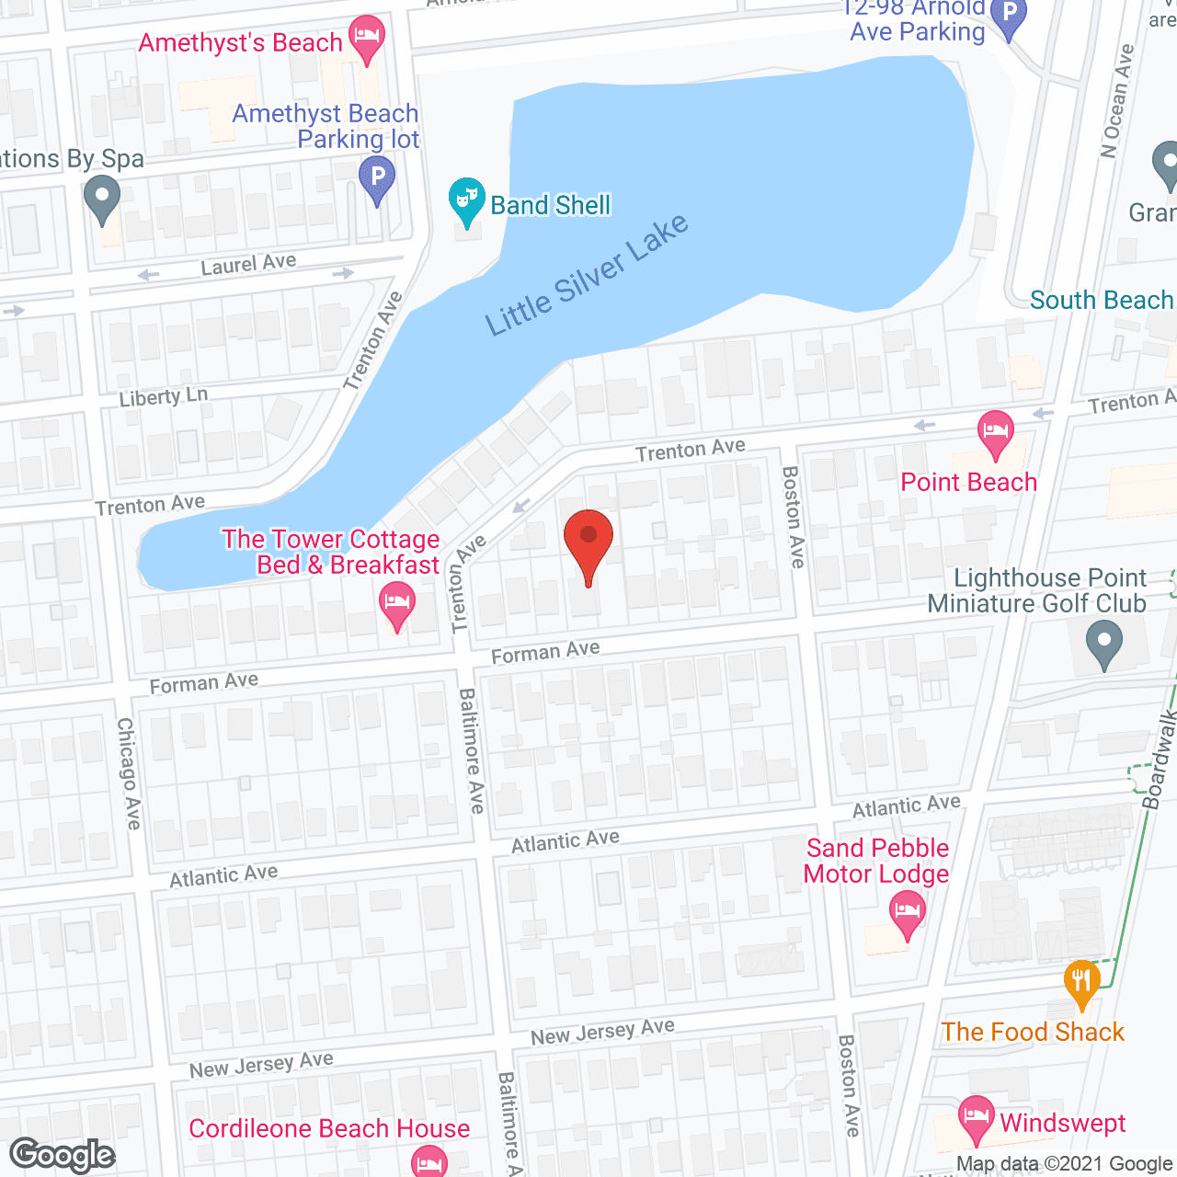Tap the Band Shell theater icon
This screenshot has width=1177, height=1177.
467,200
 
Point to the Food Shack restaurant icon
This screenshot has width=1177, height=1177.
1082,981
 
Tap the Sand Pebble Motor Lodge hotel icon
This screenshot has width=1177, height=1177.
908,913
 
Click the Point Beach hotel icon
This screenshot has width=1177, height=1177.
995,432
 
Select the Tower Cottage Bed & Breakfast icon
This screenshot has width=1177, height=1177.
397,606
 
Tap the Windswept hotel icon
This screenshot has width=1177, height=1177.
976,1117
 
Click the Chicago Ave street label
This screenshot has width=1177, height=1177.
129,773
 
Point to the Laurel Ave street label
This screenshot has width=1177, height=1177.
248,264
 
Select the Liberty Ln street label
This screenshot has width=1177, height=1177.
164,397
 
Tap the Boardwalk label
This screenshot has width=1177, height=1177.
1161,760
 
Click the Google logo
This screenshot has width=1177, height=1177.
63,1155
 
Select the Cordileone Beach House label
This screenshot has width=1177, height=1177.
329,1128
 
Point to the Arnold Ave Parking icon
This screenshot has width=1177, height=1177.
1010,17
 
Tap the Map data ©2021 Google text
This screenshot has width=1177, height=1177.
1064,1164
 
